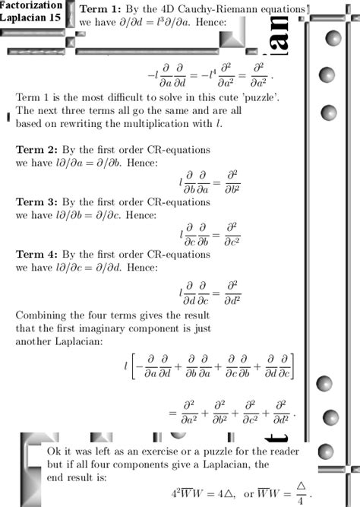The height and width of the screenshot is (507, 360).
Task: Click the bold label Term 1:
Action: [x=100, y=9]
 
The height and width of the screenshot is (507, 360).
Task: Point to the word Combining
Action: [x=42, y=314]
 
